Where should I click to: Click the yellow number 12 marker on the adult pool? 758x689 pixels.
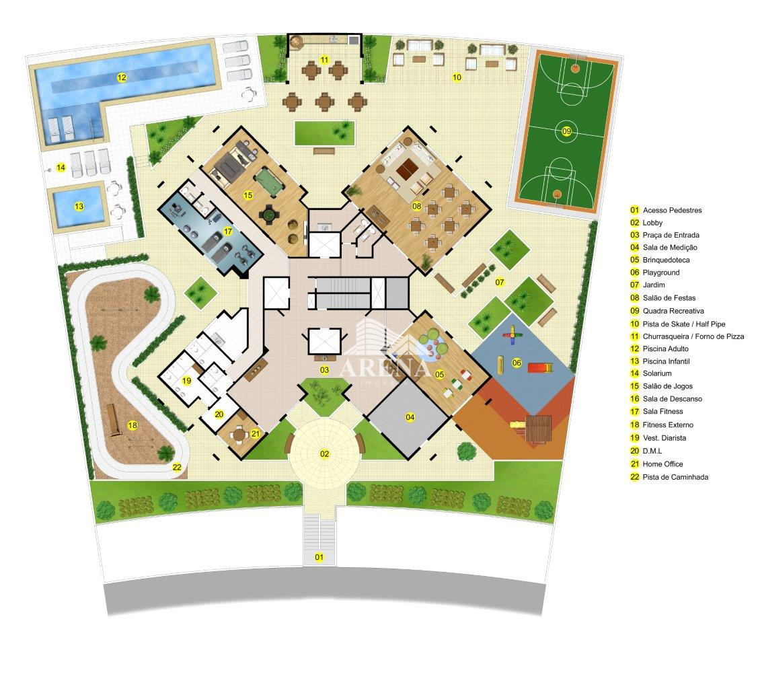pos(121,77)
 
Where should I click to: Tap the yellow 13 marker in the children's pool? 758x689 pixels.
pos(79,207)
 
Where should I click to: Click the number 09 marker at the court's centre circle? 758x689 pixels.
pos(566,131)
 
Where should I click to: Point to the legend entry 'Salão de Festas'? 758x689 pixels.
pos(669,298)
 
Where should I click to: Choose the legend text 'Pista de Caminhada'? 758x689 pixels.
pos(675,477)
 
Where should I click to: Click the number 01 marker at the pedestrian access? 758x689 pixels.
pos(319,557)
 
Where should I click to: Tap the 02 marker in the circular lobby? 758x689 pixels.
pos(324,454)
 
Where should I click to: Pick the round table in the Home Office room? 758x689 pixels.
pos(239,434)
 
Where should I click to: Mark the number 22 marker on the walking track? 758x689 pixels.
pos(177,467)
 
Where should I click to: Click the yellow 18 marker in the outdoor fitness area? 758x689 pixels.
pos(132,425)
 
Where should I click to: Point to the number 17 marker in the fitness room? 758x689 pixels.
pos(228,231)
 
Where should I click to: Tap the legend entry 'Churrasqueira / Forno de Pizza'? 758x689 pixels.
pos(693,336)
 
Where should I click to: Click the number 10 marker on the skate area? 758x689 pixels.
pos(456,77)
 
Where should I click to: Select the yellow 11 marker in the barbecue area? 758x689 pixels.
pos(324,60)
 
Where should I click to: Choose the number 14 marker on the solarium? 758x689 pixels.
pos(61,168)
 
